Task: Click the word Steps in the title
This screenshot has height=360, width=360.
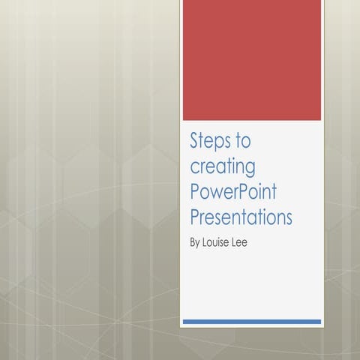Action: [211, 141]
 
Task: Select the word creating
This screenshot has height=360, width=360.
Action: [223, 166]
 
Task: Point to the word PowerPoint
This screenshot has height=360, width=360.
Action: [233, 192]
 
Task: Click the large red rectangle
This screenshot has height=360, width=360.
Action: [252, 60]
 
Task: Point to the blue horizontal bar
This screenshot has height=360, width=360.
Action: [252, 321]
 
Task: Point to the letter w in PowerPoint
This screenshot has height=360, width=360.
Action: [216, 193]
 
